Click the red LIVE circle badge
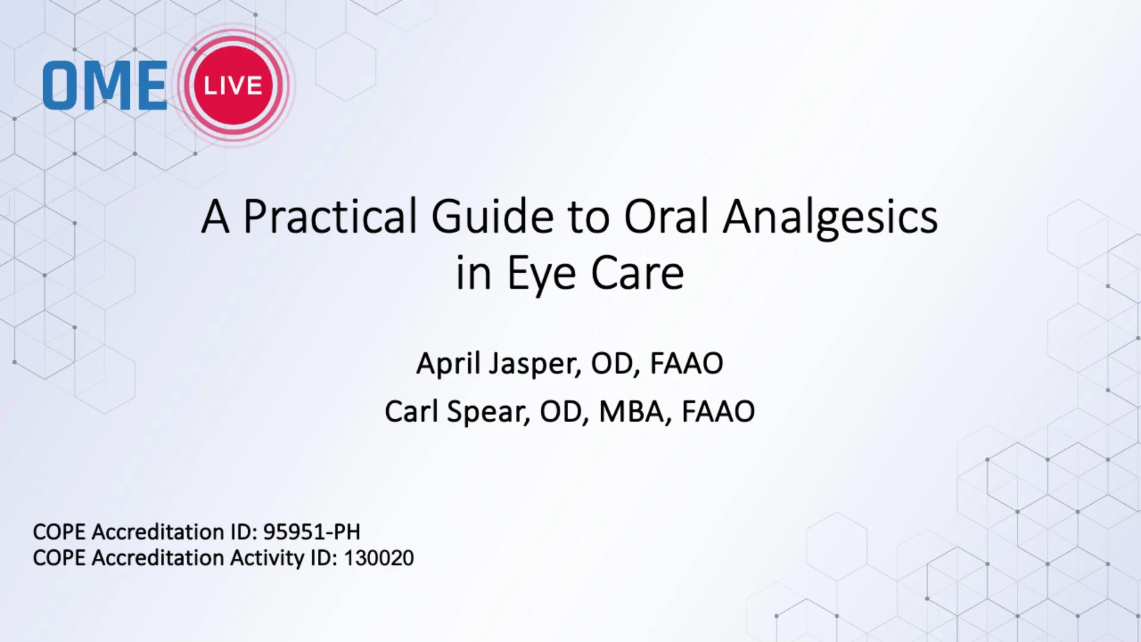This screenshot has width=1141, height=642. pos(234,85)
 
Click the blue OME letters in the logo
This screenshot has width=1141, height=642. pos(105,86)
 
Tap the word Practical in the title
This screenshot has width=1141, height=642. pos(330,216)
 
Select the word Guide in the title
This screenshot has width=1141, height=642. pos(493,216)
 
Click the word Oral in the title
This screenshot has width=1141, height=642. pos(666,216)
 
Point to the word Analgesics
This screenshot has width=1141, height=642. pos(830,219)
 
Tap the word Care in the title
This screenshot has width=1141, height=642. pos(637,273)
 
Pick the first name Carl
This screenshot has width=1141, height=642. pos(411,411)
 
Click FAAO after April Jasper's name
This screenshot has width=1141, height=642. pos(686,364)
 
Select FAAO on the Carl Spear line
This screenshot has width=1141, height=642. pos(718,411)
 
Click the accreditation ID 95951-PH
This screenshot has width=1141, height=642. pos(311,531)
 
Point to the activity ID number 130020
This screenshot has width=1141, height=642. pos(379,558)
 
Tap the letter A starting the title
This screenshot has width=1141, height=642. pos(215,216)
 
